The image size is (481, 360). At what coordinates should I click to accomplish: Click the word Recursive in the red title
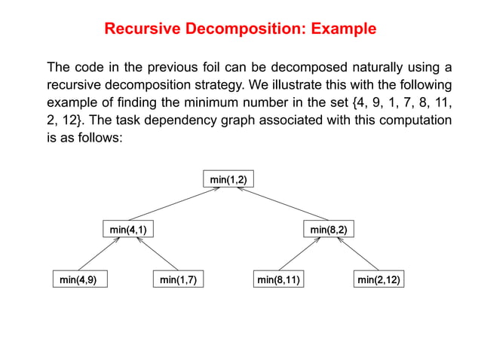(x=141, y=30)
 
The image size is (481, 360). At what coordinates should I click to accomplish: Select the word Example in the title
(x=339, y=30)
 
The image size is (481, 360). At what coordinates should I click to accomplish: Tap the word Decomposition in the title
(x=238, y=30)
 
